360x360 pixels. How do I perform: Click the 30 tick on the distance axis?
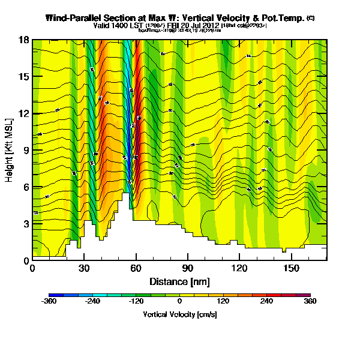click(x=84, y=268)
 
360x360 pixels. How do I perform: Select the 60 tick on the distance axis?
click(x=136, y=268)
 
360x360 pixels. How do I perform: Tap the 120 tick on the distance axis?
click(x=239, y=268)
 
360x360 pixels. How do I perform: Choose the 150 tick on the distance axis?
click(x=292, y=268)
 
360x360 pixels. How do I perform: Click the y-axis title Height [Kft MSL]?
click(x=10, y=150)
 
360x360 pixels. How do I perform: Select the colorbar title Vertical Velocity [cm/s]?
click(x=180, y=314)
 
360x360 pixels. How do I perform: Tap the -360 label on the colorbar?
click(x=49, y=301)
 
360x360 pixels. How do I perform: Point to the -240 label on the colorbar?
click(x=93, y=301)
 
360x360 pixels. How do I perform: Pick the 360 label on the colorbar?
click(x=310, y=301)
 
